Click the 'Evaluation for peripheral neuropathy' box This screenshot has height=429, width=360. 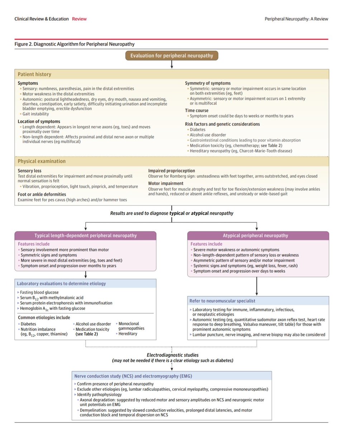(172, 55)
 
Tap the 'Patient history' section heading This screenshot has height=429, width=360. (34, 74)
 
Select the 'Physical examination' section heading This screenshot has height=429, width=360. (42, 161)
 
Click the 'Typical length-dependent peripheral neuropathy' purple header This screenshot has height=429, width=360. (85, 236)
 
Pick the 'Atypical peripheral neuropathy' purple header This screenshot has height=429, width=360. (258, 236)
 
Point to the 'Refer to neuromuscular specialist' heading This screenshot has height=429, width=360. (223, 301)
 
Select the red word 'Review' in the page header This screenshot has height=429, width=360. (79, 19)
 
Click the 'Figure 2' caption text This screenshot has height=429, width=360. (75, 44)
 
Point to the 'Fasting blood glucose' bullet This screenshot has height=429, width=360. (39, 292)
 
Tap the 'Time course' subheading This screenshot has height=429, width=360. (197, 110)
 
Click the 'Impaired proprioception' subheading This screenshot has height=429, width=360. (172, 171)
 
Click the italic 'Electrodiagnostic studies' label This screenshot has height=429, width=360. (172, 355)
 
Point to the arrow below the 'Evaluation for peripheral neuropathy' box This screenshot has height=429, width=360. (172, 64)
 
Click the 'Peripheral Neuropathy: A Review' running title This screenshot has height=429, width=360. (296, 19)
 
